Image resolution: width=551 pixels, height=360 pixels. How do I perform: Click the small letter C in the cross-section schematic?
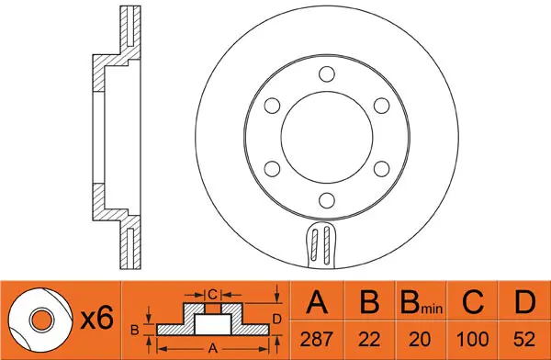tap(211, 294)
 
